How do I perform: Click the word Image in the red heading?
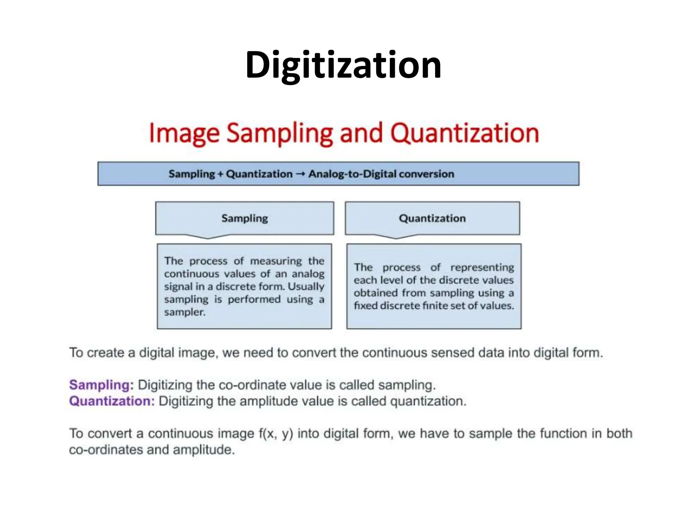coord(184,134)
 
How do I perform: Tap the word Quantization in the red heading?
coord(465,134)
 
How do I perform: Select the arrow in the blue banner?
coord(301,174)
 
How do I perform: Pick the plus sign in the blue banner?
coord(220,174)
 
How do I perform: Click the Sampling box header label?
coord(245,218)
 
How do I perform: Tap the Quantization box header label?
coord(432,218)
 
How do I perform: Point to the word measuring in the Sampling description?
coord(276,261)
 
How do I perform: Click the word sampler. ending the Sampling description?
coord(184,312)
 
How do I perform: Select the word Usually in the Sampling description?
coord(306,287)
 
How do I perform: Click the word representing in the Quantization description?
coord(482,267)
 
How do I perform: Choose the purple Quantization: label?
coord(112,401)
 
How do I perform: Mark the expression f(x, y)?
coord(275,434)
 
